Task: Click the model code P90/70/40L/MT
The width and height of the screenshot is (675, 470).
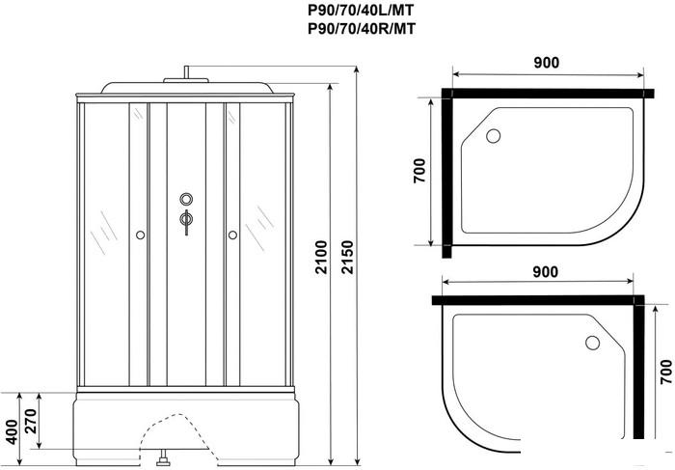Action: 362,11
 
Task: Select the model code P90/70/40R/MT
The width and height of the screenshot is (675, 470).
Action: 362,29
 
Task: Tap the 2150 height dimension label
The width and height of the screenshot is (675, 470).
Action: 347,257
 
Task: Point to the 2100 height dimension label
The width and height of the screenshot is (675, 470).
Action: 321,257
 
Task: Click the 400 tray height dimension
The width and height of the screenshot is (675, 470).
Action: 12,432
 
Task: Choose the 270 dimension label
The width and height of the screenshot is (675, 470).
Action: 31,422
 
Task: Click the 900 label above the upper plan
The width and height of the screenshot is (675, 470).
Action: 547,63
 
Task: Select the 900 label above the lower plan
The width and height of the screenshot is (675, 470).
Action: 545,272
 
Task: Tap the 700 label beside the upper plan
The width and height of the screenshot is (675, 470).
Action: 419,171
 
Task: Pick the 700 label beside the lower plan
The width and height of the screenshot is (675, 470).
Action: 665,372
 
